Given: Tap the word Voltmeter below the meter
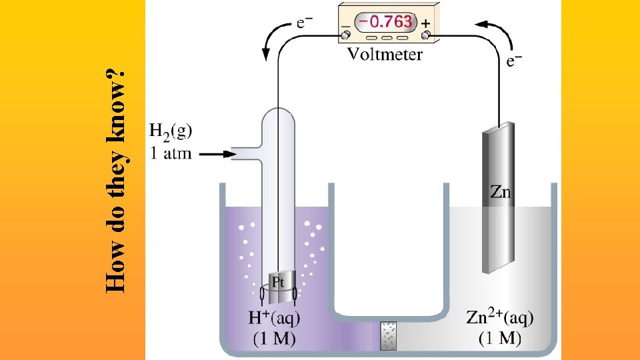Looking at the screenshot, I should click(x=385, y=55).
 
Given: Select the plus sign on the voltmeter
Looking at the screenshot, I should click(x=425, y=22).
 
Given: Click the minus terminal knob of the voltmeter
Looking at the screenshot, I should click(x=347, y=34).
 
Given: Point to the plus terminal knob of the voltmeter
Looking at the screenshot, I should click(x=425, y=34).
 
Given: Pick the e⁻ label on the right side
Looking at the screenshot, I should click(x=514, y=61).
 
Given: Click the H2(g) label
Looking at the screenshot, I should click(x=171, y=131).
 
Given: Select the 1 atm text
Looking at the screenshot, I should click(x=171, y=154).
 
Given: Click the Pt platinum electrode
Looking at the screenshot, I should click(x=280, y=283).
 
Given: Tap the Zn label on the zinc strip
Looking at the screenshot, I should click(x=501, y=193).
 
